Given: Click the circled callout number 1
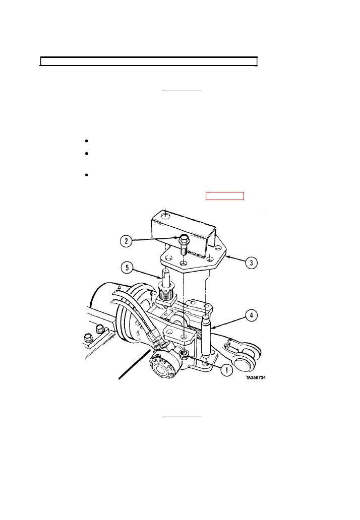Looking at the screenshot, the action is (x=227, y=369).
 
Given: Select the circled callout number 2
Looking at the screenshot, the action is (x=126, y=241).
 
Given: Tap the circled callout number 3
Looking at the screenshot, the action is (x=252, y=263).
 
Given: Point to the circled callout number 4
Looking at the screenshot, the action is (x=251, y=315).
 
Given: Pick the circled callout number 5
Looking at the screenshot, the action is (x=127, y=268).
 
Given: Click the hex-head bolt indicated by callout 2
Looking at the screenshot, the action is (x=184, y=244).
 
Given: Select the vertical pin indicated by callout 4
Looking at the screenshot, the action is (x=206, y=335).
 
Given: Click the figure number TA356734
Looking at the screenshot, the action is (x=256, y=377).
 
